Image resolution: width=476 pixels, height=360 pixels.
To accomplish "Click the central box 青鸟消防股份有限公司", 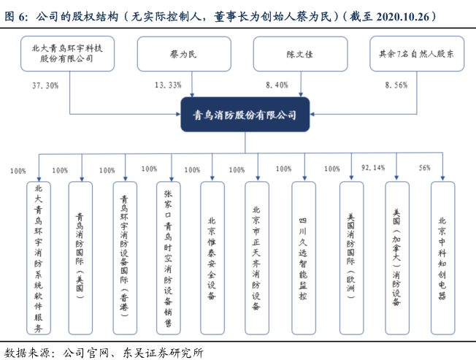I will tap(245, 115).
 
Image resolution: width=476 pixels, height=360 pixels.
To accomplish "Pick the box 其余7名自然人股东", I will tap(417, 53).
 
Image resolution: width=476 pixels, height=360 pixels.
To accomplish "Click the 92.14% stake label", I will tap(373, 168).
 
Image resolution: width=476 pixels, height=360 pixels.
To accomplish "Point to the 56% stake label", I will tap(425, 168).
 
